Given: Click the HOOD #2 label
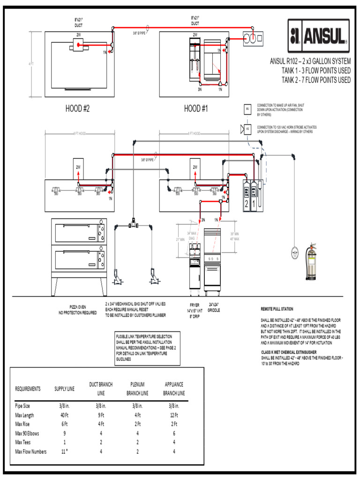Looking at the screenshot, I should (x=77, y=108).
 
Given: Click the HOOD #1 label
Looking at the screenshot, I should (x=195, y=108).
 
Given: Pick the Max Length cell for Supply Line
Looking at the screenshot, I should (x=64, y=415).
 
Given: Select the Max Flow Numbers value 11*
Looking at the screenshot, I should (x=64, y=451).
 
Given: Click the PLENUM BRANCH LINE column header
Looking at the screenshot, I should (x=137, y=389).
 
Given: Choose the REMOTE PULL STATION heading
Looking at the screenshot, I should (x=277, y=309).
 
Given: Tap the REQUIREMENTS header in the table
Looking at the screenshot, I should (x=28, y=389).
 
